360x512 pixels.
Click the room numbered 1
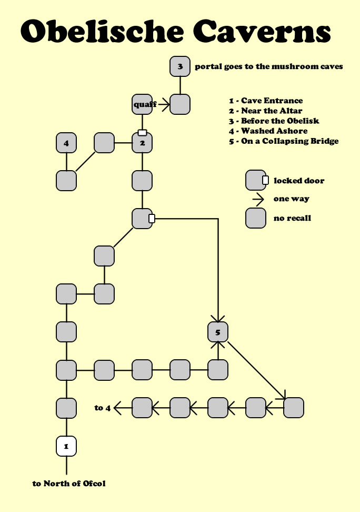click(x=66, y=446)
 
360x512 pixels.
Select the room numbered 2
click(x=142, y=143)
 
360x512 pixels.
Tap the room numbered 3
click(x=180, y=66)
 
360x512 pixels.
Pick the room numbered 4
click(x=66, y=143)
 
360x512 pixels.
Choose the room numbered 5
click(x=218, y=332)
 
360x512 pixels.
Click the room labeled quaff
click(x=142, y=104)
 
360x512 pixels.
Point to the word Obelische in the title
click(x=99, y=33)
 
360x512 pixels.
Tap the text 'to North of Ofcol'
click(x=69, y=483)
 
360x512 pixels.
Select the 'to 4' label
click(x=103, y=407)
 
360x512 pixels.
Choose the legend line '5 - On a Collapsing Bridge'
click(x=284, y=141)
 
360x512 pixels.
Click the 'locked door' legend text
click(x=299, y=181)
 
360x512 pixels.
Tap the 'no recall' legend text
click(x=293, y=218)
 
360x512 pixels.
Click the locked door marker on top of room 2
click(x=142, y=133)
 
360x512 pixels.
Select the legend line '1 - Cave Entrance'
click(x=266, y=101)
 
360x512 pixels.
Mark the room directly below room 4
click(x=66, y=181)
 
